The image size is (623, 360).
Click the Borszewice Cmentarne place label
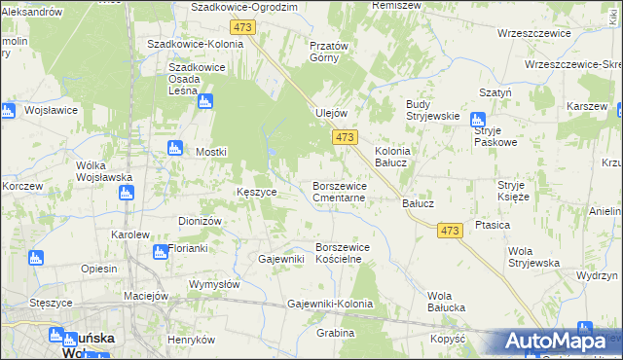click(339, 191)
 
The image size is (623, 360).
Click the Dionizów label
click(201, 221)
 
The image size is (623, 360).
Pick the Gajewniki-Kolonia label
click(331, 305)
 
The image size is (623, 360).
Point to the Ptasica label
click(494, 225)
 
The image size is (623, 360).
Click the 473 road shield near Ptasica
click(449, 231)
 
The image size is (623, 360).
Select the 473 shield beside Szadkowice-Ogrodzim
click(243, 27)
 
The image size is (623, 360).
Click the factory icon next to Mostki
click(175, 148)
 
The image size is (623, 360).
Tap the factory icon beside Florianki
click(160, 252)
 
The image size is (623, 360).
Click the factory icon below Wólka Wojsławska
click(126, 193)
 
